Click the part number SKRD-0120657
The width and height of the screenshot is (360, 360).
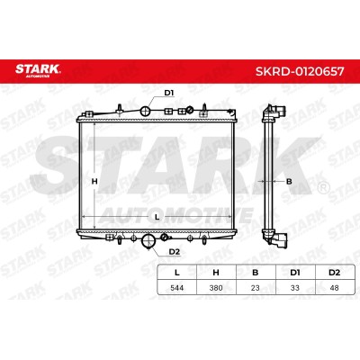click(300, 71)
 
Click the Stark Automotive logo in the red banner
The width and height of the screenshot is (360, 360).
click(38, 70)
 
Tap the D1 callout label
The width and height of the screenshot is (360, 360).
click(169, 93)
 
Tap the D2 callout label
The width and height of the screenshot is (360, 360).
click(174, 252)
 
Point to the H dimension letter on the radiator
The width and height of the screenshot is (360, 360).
click(94, 182)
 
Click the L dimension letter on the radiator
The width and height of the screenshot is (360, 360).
click(157, 217)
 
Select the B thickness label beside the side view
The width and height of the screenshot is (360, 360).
click(289, 182)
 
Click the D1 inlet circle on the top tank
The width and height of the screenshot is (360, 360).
click(146, 112)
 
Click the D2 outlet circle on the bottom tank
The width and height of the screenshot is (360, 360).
click(148, 240)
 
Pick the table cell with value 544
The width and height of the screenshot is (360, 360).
click(177, 288)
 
